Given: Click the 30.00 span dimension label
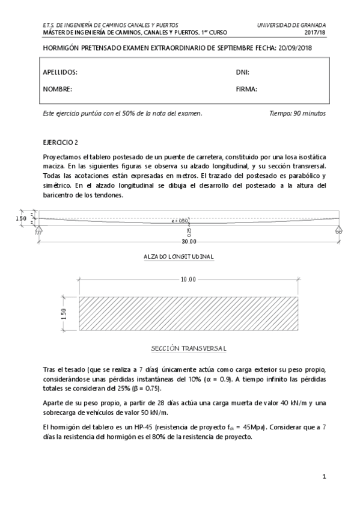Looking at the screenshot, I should click(189, 242).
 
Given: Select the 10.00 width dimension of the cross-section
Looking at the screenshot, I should click(188, 280).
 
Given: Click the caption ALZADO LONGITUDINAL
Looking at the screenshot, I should click(179, 257).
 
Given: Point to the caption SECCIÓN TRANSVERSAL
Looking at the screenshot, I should click(188, 349).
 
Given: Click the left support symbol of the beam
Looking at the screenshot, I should click(40, 231).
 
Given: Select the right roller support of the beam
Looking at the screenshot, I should click(339, 230).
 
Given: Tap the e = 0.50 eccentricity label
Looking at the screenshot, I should click(180, 221).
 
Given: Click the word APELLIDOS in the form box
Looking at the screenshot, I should click(60, 72).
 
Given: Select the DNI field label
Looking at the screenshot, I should click(242, 72).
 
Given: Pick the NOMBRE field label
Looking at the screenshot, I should click(58, 89).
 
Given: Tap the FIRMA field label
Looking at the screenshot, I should click(246, 89).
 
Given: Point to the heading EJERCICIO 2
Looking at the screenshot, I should click(61, 143).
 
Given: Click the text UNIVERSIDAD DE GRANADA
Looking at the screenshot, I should click(291, 25).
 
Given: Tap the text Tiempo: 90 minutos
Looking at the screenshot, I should click(297, 113).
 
